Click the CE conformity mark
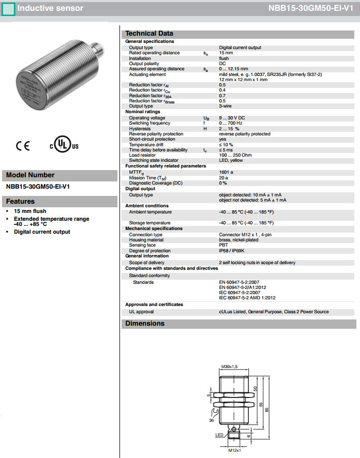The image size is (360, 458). [x=23, y=146]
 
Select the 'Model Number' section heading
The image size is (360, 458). [x=30, y=175]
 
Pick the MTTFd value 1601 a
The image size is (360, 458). [x=226, y=172]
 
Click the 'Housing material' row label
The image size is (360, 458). [x=146, y=239]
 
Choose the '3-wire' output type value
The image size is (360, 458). [x=226, y=106]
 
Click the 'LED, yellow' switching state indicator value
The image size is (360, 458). [x=231, y=160]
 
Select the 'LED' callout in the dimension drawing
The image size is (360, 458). [x=219, y=435]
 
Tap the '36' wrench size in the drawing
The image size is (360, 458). [x=212, y=420]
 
